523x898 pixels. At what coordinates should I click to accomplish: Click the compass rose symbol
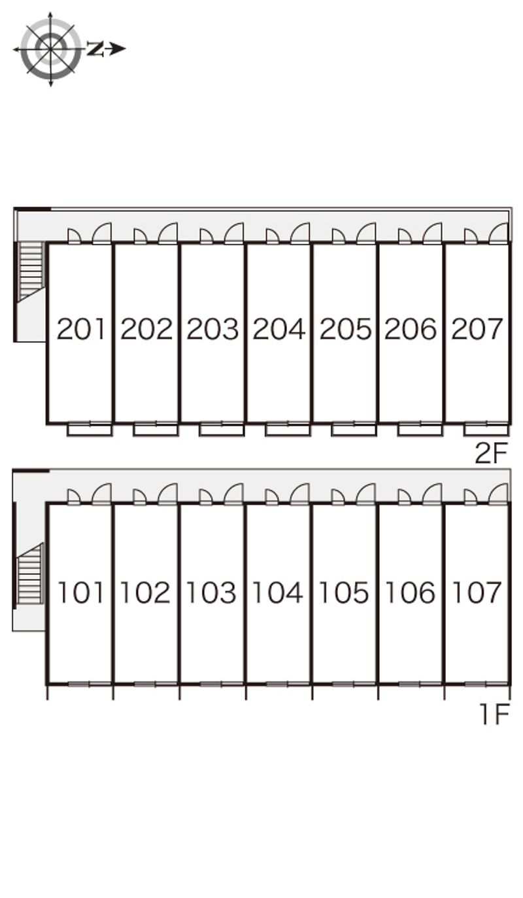pyautogui.click(x=50, y=49)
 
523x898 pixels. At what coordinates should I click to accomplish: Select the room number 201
pyautogui.click(x=80, y=329)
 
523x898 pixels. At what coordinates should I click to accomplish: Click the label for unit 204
pyautogui.click(x=279, y=329)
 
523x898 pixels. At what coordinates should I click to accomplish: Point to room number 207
pyautogui.click(x=477, y=329)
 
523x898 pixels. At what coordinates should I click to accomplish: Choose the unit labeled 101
pyautogui.click(x=80, y=592)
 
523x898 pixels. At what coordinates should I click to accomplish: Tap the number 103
pyautogui.click(x=211, y=592)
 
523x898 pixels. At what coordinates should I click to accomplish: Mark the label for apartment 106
pyautogui.click(x=410, y=592)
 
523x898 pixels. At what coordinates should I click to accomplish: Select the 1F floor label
pyautogui.click(x=495, y=714)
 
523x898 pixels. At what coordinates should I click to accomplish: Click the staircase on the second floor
pyautogui.click(x=31, y=271)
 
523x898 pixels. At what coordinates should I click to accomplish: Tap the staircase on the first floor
pyautogui.click(x=30, y=574)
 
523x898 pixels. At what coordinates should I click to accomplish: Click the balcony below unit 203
pyautogui.click(x=222, y=430)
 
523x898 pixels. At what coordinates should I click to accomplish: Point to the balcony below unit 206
pyautogui.click(x=420, y=430)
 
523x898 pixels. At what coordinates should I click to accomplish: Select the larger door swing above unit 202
pyautogui.click(x=168, y=233)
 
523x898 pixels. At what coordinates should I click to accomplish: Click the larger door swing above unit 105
pyautogui.click(x=365, y=494)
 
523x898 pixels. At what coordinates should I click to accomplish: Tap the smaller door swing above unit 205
pyautogui.click(x=338, y=236)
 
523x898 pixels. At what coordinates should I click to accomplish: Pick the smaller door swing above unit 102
pyautogui.click(x=139, y=497)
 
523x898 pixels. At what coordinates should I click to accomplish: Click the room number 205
pyautogui.click(x=345, y=329)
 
